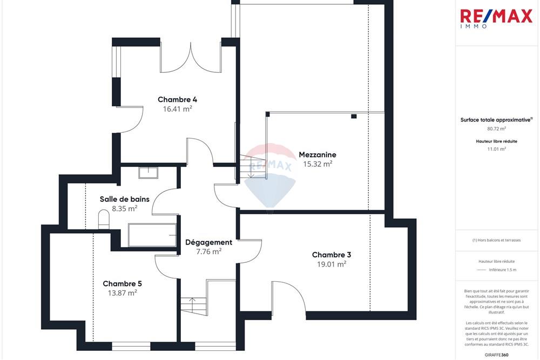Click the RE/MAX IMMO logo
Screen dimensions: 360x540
(x=496, y=18)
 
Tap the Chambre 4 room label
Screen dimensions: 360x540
(x=177, y=99)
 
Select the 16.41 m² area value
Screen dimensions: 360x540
(x=177, y=108)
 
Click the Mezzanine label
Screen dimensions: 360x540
(x=317, y=155)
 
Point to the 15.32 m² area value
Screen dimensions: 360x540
(x=317, y=164)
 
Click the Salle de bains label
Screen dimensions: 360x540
(x=124, y=199)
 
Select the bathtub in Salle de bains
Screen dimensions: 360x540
(x=152, y=235)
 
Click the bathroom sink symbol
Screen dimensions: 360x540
(x=147, y=173)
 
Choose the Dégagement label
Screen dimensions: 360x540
(x=208, y=242)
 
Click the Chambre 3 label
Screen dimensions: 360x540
(x=332, y=255)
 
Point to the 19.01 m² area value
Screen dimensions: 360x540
(x=332, y=264)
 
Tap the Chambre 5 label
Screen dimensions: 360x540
(x=122, y=283)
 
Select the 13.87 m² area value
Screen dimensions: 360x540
(x=122, y=293)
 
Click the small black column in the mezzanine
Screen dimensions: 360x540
(x=354, y=116)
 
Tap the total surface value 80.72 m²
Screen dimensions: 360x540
(x=496, y=129)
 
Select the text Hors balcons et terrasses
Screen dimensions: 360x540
(x=496, y=240)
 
